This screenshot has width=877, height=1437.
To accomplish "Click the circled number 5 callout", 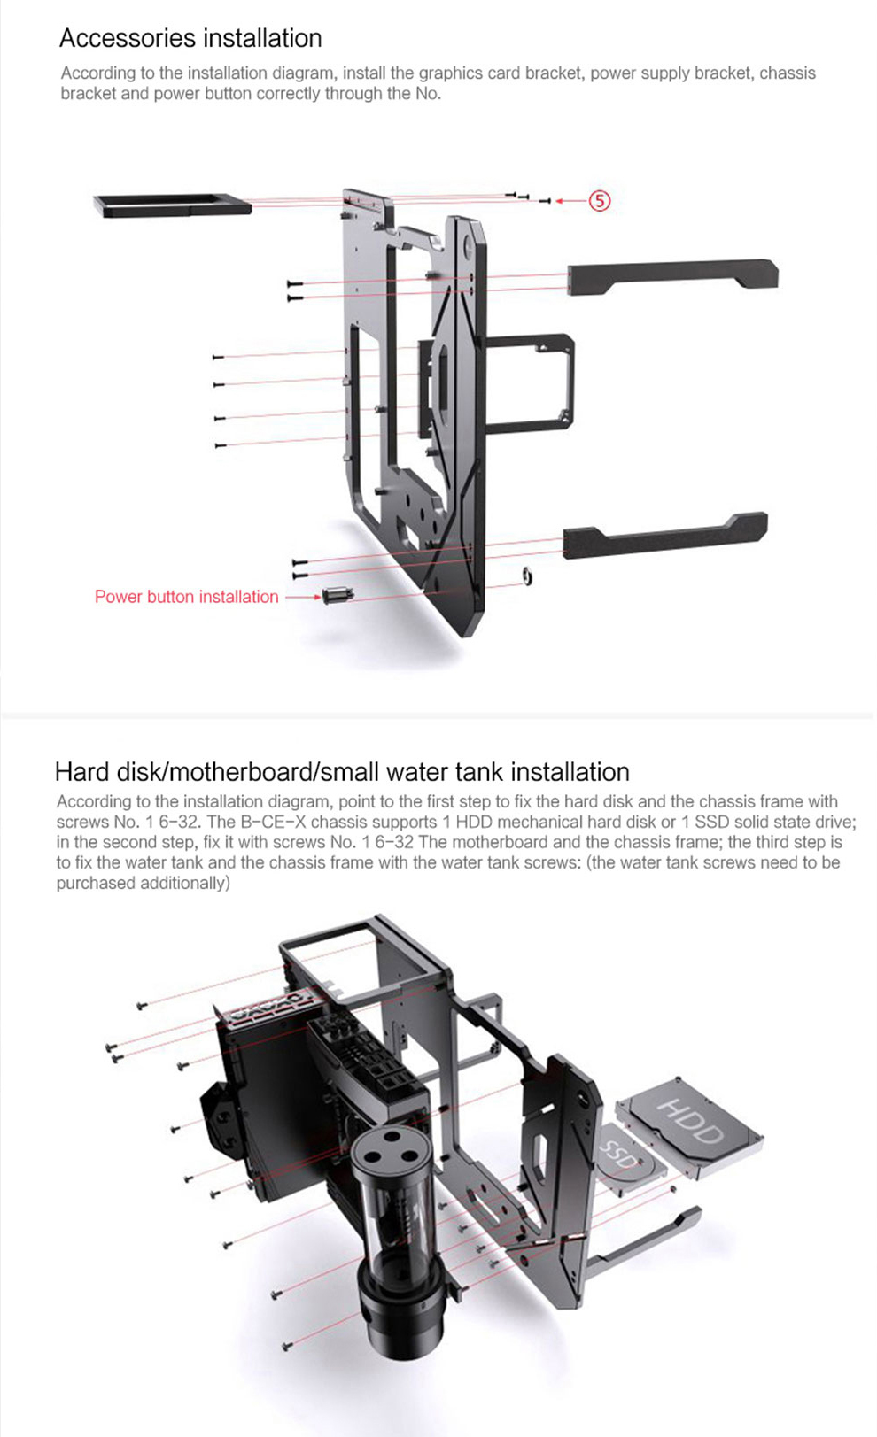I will click(600, 201).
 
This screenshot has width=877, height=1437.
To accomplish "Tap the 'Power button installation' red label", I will click(186, 597).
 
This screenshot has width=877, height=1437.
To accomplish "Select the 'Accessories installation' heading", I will click(190, 38).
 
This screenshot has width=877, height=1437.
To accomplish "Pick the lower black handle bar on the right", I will click(664, 535).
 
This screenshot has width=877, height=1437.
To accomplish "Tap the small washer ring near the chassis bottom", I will click(526, 576).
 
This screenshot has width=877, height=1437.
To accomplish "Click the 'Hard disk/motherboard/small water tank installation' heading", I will click(342, 771).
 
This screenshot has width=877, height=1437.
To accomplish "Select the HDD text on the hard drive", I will click(691, 1120).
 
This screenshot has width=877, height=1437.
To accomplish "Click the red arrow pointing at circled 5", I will click(570, 201).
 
